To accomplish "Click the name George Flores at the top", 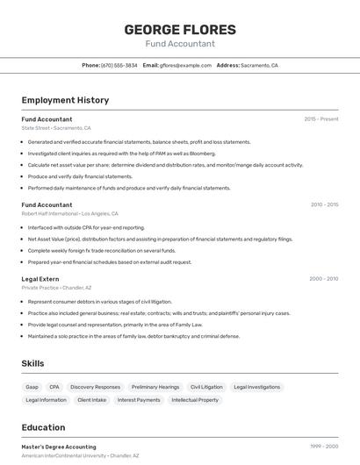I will pyautogui.click(x=180, y=29).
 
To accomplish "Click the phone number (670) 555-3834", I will pyautogui.click(x=119, y=66).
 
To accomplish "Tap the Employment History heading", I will pyautogui.click(x=65, y=100).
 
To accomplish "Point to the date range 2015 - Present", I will pyautogui.click(x=321, y=118).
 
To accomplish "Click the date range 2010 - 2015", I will pyautogui.click(x=324, y=204).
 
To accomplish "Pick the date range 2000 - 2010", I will pyautogui.click(x=323, y=279).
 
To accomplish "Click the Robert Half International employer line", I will pyautogui.click(x=69, y=213).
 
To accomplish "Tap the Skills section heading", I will pyautogui.click(x=33, y=363).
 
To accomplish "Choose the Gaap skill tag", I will pyautogui.click(x=32, y=387).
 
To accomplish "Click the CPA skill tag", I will pyautogui.click(x=54, y=387).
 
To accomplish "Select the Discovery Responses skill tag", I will pyautogui.click(x=95, y=387).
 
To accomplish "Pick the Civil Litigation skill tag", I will pyautogui.click(x=206, y=387).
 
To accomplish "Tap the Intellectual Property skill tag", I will pyautogui.click(x=195, y=400).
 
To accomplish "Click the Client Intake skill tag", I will pyautogui.click(x=91, y=400).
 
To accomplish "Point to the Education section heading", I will pyautogui.click(x=43, y=428).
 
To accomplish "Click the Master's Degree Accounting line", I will pyautogui.click(x=59, y=447).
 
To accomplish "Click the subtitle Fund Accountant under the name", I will pyautogui.click(x=180, y=44).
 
